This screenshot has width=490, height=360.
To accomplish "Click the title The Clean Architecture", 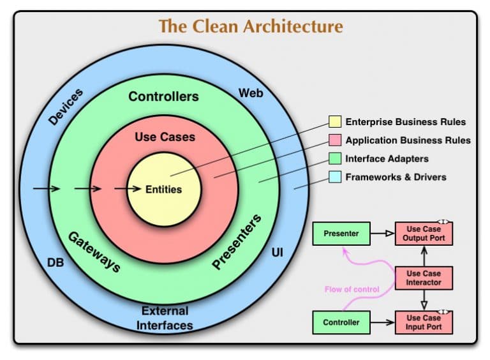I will (250, 27).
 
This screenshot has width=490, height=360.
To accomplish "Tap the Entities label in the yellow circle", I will (163, 190).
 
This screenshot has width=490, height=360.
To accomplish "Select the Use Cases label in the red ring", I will (165, 137).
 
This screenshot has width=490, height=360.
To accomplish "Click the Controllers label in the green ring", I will (163, 97).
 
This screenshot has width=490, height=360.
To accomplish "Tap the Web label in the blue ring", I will (251, 93).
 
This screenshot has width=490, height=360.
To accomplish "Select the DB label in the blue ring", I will (56, 262).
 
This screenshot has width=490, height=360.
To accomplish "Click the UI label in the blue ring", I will (278, 253).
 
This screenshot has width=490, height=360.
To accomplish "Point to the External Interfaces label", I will (165, 318).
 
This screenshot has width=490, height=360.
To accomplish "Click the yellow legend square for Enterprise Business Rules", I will (334, 122).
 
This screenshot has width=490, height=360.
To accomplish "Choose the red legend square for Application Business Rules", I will (334, 140).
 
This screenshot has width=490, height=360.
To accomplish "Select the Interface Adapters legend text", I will (387, 158).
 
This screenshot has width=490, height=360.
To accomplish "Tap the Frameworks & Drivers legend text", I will (396, 177).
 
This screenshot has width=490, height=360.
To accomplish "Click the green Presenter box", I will (341, 234).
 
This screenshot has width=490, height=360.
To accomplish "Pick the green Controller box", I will (341, 322).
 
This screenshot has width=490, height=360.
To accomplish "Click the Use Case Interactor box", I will (424, 278).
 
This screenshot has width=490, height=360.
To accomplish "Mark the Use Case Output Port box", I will (424, 234).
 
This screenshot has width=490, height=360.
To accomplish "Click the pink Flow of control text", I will (352, 289).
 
